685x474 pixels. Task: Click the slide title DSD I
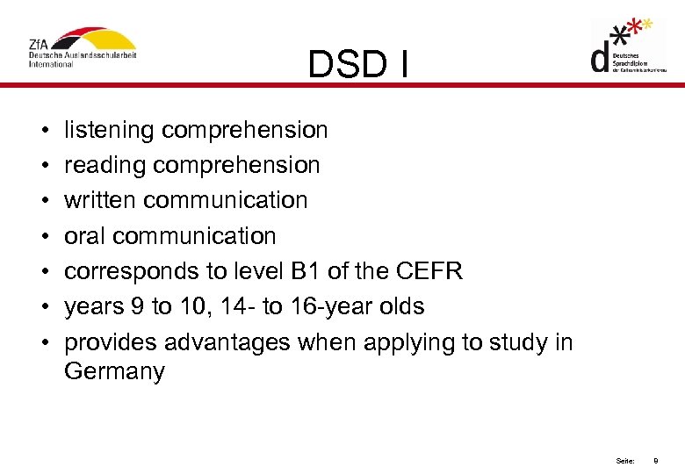point(358,63)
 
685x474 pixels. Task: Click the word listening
point(110,131)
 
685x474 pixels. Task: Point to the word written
point(100,201)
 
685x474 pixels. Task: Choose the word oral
point(85,236)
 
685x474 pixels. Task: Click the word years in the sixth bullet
point(93,306)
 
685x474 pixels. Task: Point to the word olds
point(401,306)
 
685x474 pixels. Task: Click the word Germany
point(114,371)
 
